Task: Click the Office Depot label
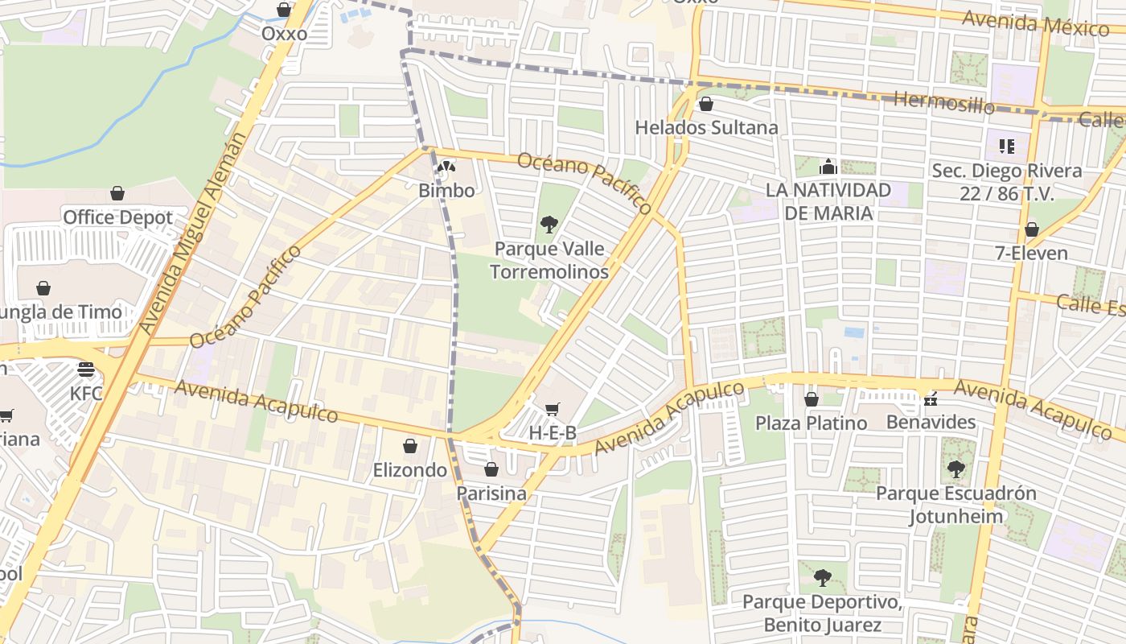click(117, 217)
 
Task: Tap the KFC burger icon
click(86, 370)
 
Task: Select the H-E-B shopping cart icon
click(552, 410)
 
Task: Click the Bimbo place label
click(446, 191)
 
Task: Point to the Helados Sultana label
click(706, 127)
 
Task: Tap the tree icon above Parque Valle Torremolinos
click(549, 225)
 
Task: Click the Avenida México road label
click(1035, 23)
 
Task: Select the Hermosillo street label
click(943, 101)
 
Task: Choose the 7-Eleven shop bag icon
click(1031, 230)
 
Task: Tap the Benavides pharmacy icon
click(931, 398)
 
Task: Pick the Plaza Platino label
click(811, 423)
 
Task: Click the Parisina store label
click(491, 493)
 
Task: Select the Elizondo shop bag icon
click(410, 447)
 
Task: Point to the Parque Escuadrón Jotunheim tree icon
click(955, 469)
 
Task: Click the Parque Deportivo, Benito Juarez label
click(821, 613)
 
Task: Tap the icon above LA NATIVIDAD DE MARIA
click(828, 167)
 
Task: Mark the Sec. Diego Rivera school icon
click(1006, 147)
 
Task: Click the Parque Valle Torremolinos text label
click(549, 260)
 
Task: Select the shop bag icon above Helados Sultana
click(706, 104)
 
